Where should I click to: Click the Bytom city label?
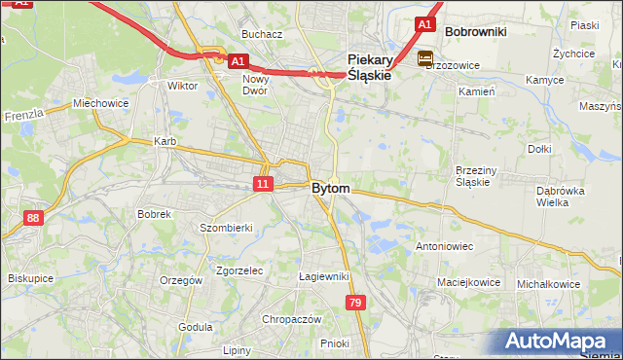331,188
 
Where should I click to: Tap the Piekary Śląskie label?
369,65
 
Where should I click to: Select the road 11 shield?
263,183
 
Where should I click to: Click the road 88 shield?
34,218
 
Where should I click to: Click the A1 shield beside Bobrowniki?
423,23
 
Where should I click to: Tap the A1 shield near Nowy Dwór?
238,60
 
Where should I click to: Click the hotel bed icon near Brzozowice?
425,59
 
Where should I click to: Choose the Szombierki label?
226,227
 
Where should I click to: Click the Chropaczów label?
291,318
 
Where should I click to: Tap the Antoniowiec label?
444,246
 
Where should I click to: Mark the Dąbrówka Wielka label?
559,197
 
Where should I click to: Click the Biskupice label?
30,277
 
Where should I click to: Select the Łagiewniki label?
323,276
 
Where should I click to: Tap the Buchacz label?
262,34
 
